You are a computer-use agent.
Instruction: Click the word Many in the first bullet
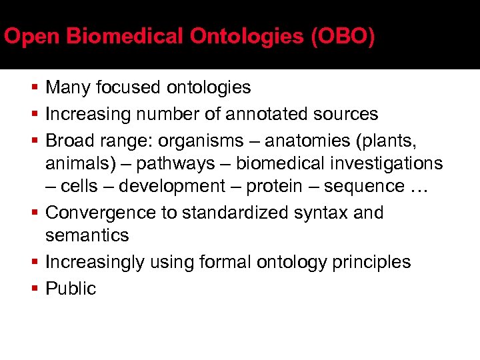coord(69,88)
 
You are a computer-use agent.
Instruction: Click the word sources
coord(347,115)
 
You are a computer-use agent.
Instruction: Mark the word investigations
coord(386,164)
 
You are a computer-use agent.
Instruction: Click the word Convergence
coord(97,213)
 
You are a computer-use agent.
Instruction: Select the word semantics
coord(87,236)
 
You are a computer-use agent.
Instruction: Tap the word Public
coord(71,289)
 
